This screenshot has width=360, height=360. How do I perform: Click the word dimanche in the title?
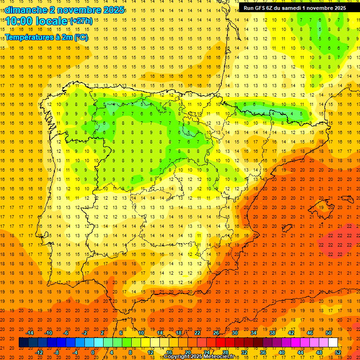(x=26, y=10)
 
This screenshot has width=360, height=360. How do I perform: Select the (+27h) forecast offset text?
(x=81, y=21)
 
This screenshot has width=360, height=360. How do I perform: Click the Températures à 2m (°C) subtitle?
(x=46, y=37)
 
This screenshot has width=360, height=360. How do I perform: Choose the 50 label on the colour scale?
(x=329, y=333)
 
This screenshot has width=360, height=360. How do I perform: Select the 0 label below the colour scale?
(x=93, y=352)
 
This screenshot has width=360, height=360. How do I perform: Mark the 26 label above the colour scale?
(x=216, y=333)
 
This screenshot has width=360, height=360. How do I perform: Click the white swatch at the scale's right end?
(x=333, y=343)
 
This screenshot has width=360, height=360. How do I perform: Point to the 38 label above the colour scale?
(x=272, y=333)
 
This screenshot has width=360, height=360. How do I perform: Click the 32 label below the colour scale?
(x=244, y=352)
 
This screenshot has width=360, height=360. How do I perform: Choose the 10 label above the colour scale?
(x=141, y=333)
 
